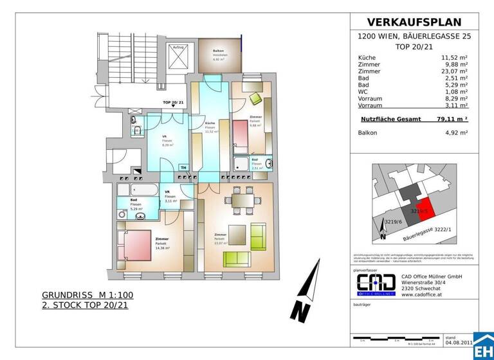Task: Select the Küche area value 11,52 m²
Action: pyautogui.click(x=454, y=58)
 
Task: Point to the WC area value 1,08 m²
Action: pyautogui.click(x=456, y=91)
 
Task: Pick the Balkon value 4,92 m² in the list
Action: pyautogui.click(x=456, y=132)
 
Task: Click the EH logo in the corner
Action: pyautogui.click(x=483, y=347)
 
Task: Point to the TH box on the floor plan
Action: pyautogui.click(x=183, y=168)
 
